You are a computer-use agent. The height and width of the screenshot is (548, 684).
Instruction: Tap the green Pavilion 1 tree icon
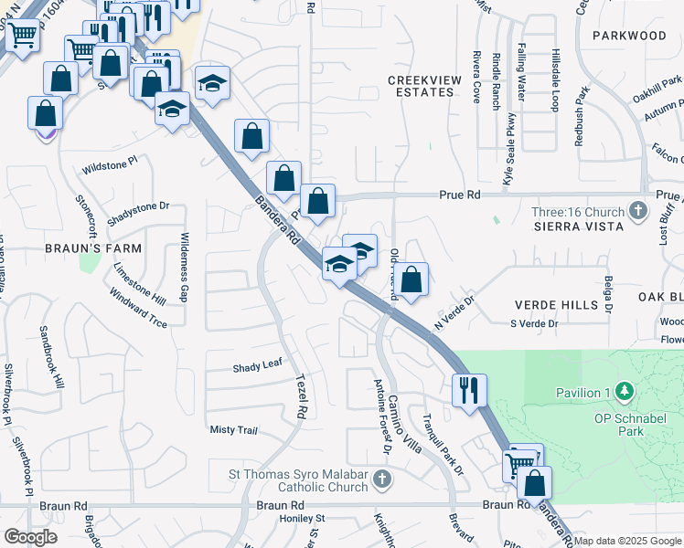coord(625,392)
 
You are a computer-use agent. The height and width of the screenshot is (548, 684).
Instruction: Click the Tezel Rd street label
coord(299,400)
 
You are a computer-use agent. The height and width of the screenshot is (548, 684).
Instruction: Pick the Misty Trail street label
coord(234,430)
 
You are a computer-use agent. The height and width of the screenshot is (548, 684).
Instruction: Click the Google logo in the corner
coord(30,537)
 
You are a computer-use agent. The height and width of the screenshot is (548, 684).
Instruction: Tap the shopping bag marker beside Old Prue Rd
coord(412,279)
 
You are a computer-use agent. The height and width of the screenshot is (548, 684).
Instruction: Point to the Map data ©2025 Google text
coord(627,541)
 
